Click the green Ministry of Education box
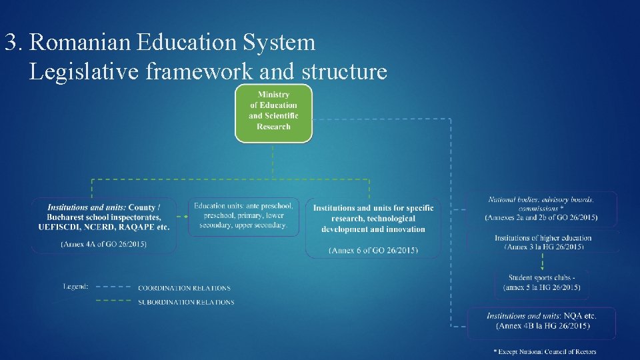click(x=273, y=113)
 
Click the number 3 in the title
click(x=10, y=43)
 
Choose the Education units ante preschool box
click(x=243, y=216)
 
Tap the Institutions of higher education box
click(x=543, y=242)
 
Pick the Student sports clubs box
click(x=542, y=282)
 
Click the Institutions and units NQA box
click(x=542, y=321)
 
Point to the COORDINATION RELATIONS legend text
click(x=184, y=288)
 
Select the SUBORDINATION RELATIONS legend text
click(x=186, y=302)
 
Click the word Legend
click(x=75, y=286)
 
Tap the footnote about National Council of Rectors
click(x=545, y=351)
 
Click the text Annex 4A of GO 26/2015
click(x=104, y=245)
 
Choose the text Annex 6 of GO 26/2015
click(x=373, y=250)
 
